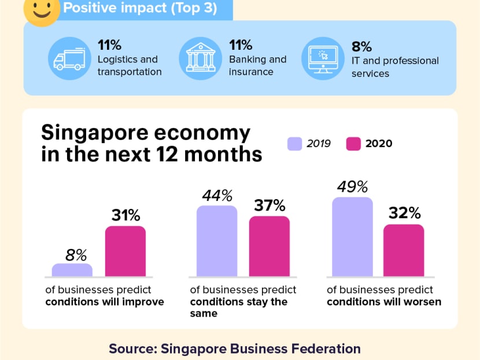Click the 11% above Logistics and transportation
109,45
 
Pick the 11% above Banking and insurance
241,45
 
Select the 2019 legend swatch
295,144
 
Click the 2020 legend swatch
353,144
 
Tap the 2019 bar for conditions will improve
72,270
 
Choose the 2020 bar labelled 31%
125,251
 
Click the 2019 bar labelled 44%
217,241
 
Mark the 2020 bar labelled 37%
269,247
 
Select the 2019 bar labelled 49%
352,237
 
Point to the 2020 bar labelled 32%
404,251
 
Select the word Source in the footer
131,348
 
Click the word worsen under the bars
424,302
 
